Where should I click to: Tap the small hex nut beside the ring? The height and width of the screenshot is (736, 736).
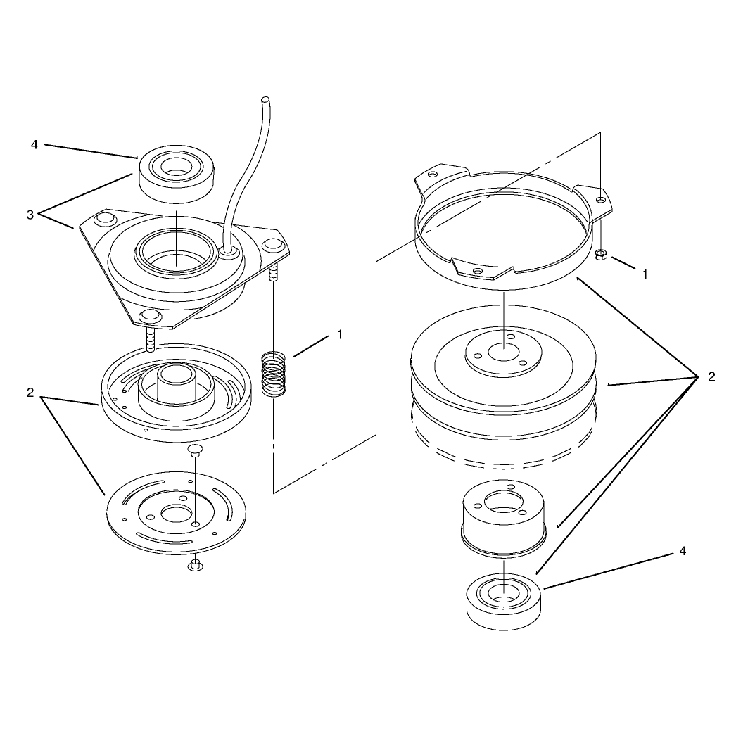tap(600, 255)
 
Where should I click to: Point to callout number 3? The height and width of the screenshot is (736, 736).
tap(30, 215)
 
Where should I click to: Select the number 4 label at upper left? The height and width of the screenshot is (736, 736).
tap(34, 144)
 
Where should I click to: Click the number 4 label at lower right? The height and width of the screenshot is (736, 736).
tap(683, 551)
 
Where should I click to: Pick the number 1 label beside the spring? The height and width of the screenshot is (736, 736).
tap(339, 335)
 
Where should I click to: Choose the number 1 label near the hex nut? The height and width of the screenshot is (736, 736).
tap(645, 274)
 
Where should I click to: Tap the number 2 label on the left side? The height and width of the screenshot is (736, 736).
tap(30, 393)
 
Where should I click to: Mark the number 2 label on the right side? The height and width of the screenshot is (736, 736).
tap(711, 376)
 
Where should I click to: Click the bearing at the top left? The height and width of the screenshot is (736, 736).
tap(175, 175)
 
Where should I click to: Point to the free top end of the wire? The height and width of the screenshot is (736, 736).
tap(266, 99)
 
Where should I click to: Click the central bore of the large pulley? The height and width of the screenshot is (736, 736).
tap(503, 352)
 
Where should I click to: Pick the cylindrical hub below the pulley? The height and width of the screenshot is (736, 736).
tap(504, 519)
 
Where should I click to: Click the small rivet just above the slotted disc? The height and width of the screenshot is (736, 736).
tap(194, 450)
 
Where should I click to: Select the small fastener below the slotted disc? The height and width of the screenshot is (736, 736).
tap(196, 566)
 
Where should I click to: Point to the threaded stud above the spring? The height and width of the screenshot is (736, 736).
tap(273, 273)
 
